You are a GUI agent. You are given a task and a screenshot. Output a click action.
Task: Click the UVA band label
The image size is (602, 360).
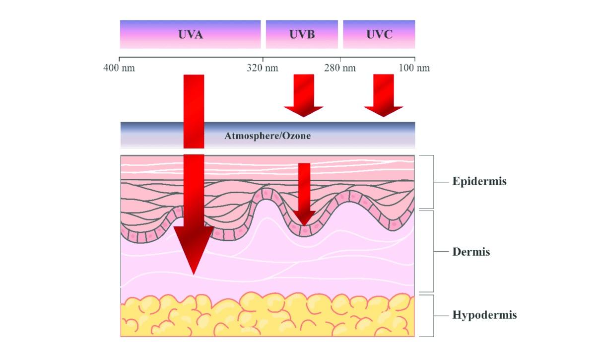click(x=191, y=35)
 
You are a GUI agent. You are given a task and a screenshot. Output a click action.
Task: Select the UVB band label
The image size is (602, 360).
click(x=302, y=35)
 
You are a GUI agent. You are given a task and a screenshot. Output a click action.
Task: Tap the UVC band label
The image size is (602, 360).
click(x=379, y=35)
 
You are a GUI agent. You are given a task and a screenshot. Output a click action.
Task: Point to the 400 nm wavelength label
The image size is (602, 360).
click(x=119, y=68)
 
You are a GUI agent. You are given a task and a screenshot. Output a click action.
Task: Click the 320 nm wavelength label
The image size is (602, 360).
click(x=263, y=68)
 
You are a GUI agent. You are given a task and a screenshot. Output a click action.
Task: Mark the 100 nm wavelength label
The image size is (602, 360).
click(x=414, y=68)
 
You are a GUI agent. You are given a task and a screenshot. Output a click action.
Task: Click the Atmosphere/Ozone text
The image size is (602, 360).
click(x=268, y=136)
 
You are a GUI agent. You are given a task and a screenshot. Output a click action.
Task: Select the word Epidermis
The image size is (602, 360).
click(x=479, y=181)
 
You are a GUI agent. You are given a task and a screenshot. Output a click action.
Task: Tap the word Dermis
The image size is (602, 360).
click(x=471, y=252)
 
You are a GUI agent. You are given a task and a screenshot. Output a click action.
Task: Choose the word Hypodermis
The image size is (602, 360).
click(x=484, y=315)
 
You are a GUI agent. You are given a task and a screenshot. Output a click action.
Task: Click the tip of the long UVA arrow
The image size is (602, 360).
click(x=194, y=273)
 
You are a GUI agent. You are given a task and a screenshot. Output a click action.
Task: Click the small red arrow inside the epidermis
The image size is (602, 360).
click(x=304, y=194)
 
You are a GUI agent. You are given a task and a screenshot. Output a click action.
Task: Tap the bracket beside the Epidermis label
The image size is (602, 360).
click(x=433, y=182)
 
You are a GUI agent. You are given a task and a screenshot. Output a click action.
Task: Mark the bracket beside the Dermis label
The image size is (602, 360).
click(x=433, y=252)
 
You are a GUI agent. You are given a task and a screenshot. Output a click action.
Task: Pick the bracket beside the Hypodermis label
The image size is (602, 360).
click(x=433, y=315)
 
